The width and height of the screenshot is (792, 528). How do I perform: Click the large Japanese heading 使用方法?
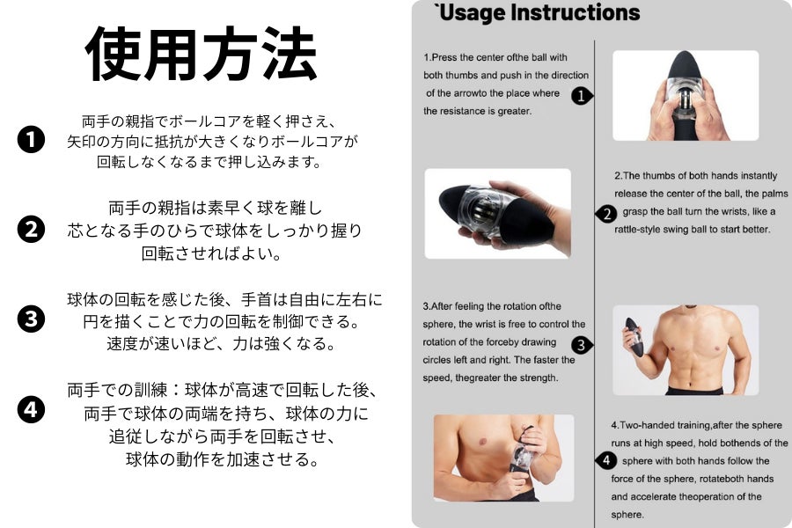(201, 54)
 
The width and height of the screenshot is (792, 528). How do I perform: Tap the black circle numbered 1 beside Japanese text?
(31, 139)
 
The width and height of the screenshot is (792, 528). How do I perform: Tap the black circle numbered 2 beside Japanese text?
(31, 230)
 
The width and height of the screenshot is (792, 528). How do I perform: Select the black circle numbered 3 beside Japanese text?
(31, 319)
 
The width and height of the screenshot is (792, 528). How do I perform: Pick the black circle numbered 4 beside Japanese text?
(31, 409)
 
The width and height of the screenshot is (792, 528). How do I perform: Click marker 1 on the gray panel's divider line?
(582, 96)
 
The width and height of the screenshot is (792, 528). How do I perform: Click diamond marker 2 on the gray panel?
(606, 214)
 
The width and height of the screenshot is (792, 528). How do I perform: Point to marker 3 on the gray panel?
(582, 345)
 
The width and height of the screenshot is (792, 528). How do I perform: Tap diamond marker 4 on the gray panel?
(606, 460)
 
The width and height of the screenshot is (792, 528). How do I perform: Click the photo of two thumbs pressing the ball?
(686, 96)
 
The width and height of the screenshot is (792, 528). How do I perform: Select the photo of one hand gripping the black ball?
(498, 214)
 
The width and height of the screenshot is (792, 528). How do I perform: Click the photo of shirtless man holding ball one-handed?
(686, 350)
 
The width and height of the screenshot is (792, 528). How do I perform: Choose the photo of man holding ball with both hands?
(503, 458)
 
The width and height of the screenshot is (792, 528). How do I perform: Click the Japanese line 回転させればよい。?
(211, 253)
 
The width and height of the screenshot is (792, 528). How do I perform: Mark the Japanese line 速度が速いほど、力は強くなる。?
(221, 343)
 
